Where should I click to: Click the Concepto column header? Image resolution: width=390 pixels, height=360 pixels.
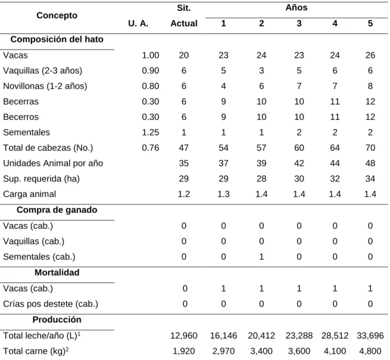(57, 15)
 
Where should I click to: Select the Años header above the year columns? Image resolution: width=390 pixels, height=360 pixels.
(297, 8)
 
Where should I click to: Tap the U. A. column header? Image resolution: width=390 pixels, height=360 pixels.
(138, 23)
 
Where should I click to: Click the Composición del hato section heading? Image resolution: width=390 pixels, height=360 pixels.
(57, 39)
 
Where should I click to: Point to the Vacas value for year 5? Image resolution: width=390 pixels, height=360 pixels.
(370, 55)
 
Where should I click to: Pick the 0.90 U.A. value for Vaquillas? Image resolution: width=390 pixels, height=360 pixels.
(151, 70)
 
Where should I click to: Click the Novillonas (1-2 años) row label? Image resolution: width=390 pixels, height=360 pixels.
(45, 86)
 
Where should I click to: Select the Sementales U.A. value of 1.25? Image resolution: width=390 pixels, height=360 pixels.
(151, 132)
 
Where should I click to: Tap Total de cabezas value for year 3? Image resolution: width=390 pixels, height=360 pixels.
(299, 148)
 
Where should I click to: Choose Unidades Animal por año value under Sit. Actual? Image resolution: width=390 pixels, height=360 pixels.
(183, 163)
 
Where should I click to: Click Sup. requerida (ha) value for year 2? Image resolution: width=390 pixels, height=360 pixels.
(261, 178)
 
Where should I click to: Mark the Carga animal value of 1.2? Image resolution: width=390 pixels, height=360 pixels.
(183, 194)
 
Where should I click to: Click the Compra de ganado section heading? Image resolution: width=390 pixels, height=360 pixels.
(57, 210)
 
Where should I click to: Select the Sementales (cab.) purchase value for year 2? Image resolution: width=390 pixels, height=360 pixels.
(261, 257)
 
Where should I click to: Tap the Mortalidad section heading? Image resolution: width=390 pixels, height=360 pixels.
(57, 272)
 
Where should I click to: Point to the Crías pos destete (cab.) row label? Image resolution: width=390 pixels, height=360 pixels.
(51, 304)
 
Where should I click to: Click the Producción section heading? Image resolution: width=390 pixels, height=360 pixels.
(57, 319)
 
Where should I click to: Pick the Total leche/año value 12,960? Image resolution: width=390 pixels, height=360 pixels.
(183, 336)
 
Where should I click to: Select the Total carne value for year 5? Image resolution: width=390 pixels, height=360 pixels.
(370, 351)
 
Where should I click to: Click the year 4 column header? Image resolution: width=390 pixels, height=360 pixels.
(335, 23)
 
